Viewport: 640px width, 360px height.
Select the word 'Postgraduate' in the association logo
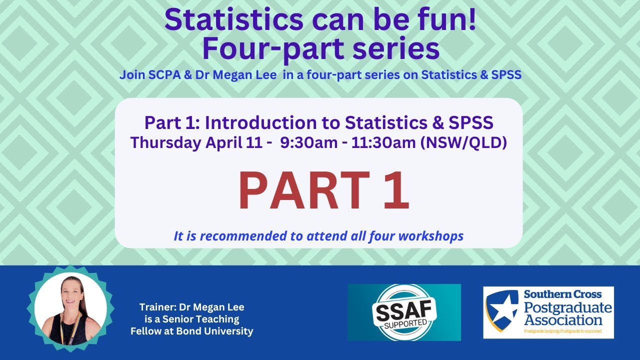click(567, 307)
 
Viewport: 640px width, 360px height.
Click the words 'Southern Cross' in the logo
click(562, 294)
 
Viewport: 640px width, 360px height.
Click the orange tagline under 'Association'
click(562, 331)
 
